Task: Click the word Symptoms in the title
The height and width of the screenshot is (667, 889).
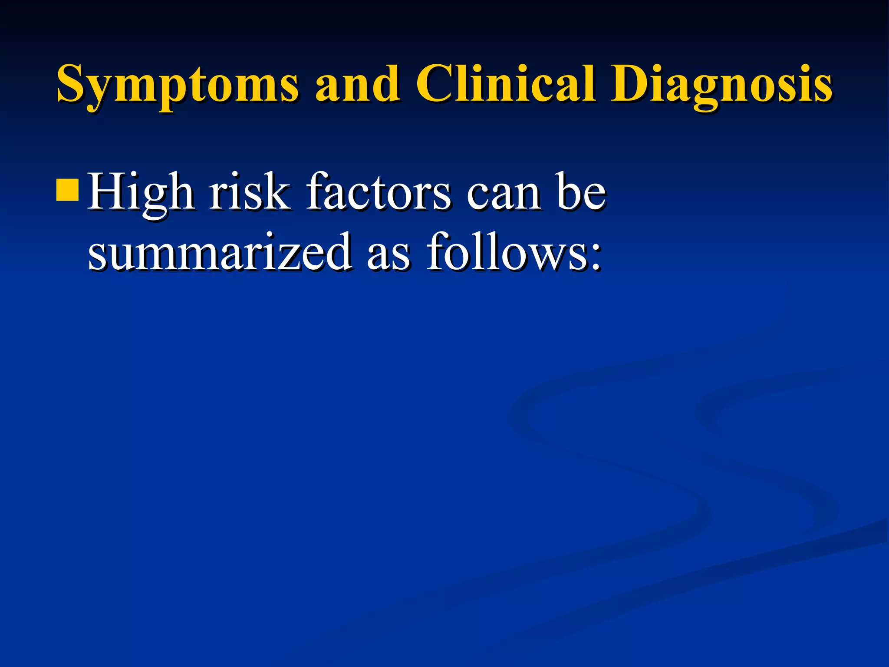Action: [178, 85]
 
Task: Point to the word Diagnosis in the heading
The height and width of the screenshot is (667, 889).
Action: [721, 85]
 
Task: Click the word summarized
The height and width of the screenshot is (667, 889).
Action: [220, 252]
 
